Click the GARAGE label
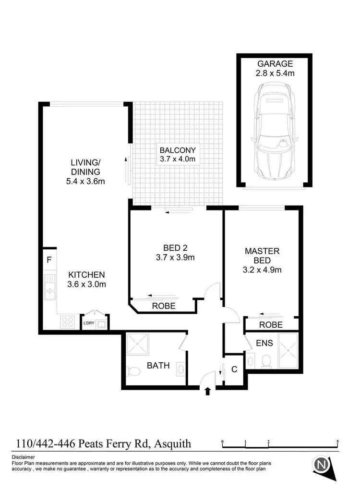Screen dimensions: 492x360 tap(275, 64)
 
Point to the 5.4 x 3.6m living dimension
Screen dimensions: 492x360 tap(85, 181)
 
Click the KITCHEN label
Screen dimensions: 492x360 tap(86, 275)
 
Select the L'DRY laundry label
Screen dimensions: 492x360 tap(89, 323)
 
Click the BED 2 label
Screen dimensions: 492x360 tap(175, 248)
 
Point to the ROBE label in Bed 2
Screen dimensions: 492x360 tap(164, 306)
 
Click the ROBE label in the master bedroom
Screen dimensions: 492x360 tap(271, 325)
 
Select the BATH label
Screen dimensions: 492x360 tap(158, 366)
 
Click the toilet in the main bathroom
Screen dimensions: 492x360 tap(133, 370)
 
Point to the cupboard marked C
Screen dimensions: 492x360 tap(234, 369)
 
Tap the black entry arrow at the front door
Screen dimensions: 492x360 tap(207, 392)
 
